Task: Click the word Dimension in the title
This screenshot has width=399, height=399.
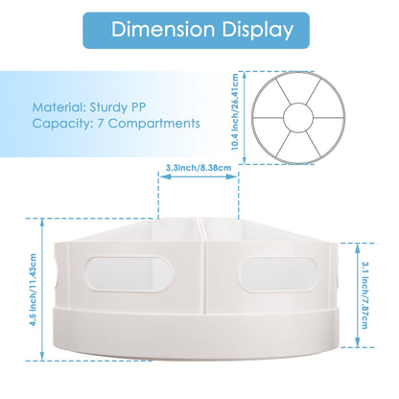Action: click(x=163, y=30)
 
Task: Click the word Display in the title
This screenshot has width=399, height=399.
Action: click(x=258, y=31)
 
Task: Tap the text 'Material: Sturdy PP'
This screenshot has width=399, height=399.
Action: click(x=89, y=107)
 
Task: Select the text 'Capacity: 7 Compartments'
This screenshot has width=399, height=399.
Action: click(x=116, y=124)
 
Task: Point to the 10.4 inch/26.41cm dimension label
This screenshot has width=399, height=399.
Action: click(x=235, y=112)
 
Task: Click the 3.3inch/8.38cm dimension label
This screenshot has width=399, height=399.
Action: click(x=199, y=168)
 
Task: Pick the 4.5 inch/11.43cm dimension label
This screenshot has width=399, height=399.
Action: click(x=33, y=290)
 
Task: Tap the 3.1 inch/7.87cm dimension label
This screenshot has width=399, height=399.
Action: click(x=364, y=295)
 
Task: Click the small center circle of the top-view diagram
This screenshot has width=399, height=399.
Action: click(x=298, y=118)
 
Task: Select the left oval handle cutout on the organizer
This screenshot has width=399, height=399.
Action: click(x=129, y=274)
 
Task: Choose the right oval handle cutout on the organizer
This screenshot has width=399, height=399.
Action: click(x=277, y=274)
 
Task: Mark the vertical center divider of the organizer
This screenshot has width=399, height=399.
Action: click(x=203, y=266)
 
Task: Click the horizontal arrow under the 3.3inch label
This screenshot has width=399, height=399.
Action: click(x=199, y=176)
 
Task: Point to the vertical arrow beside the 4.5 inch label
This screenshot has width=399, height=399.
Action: click(x=42, y=290)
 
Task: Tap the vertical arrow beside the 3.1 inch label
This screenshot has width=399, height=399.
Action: click(x=358, y=295)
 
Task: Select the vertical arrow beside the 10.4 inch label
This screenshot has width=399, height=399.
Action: click(x=245, y=118)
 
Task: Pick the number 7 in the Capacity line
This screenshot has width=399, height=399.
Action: click(x=101, y=124)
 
